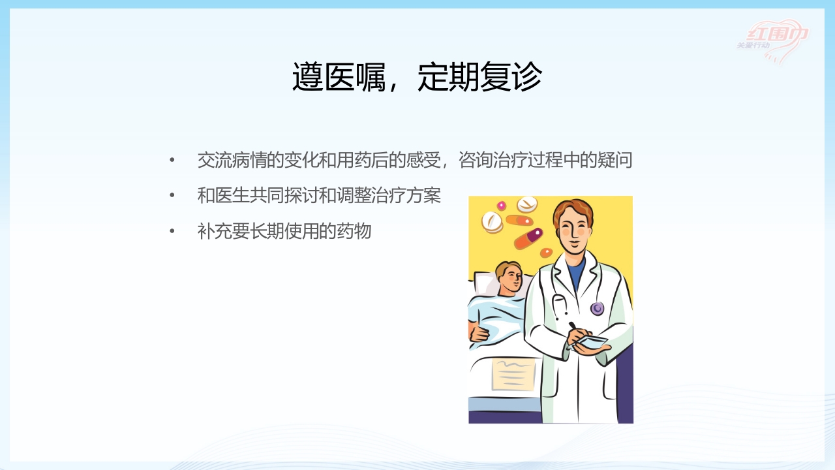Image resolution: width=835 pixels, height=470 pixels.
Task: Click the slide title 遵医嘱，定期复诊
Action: pyautogui.click(x=417, y=78)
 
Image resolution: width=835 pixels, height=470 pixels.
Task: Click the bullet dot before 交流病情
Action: pyautogui.click(x=172, y=161)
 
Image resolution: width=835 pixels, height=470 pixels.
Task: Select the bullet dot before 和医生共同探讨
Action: pyautogui.click(x=172, y=195)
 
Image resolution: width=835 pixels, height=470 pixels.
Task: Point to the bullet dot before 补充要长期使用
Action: pyautogui.click(x=172, y=231)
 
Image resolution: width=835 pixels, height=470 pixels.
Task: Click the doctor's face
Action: pyautogui.click(x=572, y=228)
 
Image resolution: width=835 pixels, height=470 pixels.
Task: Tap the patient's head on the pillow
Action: pyautogui.click(x=509, y=277)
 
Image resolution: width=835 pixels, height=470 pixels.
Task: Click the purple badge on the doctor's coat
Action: pyautogui.click(x=597, y=308)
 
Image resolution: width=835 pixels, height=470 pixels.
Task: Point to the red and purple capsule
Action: pyautogui.click(x=528, y=238)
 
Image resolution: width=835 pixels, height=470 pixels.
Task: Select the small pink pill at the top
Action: pyautogui.click(x=502, y=206)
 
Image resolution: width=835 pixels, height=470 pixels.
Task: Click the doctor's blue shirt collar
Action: pyautogui.click(x=575, y=271)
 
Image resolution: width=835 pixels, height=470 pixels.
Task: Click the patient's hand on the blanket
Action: pyautogui.click(x=480, y=332)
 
